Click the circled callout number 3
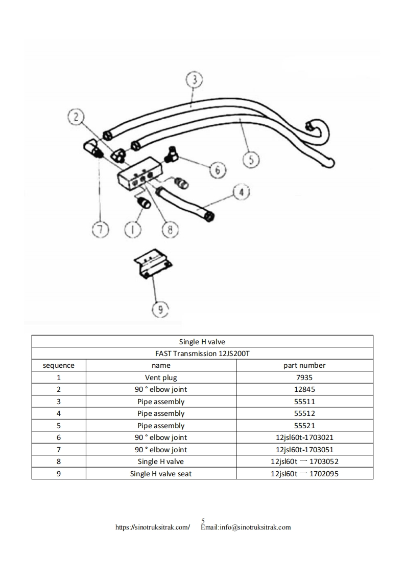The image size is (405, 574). tap(194, 80)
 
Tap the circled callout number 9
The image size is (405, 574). tap(160, 308)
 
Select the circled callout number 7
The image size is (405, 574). tap(101, 230)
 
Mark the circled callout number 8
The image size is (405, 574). tap(168, 230)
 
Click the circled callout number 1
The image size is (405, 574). tap(133, 230)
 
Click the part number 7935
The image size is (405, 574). tap(304, 378)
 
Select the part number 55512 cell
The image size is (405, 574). tap(304, 413)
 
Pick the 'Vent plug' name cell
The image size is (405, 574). tap(161, 378)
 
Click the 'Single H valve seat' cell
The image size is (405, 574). tap(161, 474)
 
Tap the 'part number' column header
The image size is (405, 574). tap(304, 365)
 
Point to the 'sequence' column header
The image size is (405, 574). tap(59, 365)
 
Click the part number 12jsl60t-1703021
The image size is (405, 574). tap(304, 437)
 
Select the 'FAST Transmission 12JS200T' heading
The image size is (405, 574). tap(202, 354)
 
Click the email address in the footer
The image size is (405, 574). tap(246, 527)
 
